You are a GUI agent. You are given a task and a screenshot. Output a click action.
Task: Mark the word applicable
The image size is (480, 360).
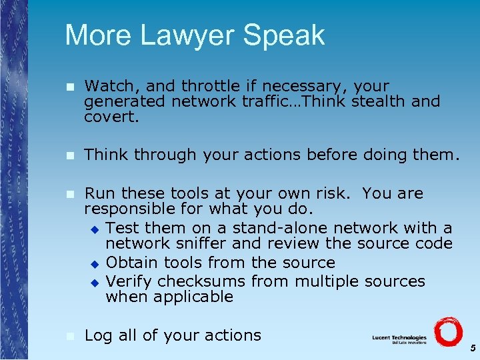(193, 297)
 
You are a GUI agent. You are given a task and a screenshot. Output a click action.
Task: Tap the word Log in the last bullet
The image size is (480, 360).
(99, 335)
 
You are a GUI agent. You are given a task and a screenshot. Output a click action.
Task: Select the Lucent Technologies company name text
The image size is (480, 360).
(399, 338)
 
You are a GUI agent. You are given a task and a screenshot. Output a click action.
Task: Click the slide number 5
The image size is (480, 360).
(472, 348)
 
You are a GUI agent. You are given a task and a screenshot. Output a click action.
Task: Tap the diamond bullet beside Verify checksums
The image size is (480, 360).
(95, 282)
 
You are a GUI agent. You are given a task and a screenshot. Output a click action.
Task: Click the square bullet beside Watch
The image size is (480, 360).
(70, 87)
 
